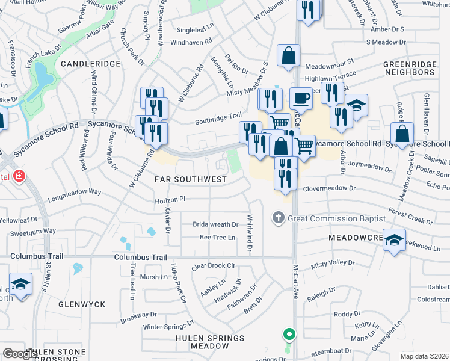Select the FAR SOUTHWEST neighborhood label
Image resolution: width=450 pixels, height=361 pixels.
pyautogui.click(x=191, y=179)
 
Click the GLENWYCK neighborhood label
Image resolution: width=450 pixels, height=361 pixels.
pyautogui.click(x=82, y=304)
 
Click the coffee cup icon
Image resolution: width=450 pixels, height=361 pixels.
pyautogui.click(x=301, y=97)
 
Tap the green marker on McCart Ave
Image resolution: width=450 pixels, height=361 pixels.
pyautogui.click(x=289, y=333)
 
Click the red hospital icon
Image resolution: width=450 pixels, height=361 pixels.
pyautogui.click(x=19, y=176)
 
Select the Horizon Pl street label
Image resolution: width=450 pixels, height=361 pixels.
pyautogui.click(x=173, y=199)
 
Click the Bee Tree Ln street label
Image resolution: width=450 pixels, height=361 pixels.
pyautogui.click(x=217, y=238)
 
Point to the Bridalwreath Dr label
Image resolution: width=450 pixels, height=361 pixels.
pyautogui.click(x=215, y=224)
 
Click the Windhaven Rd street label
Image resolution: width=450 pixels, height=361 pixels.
pyautogui.click(x=191, y=42)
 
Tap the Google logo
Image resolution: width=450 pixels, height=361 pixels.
pyautogui.click(x=20, y=354)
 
